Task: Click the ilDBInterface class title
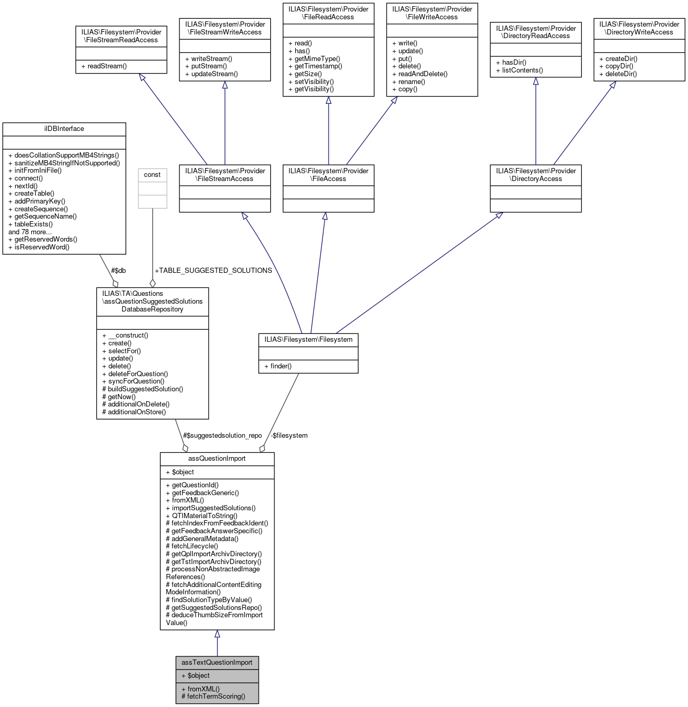click(x=64, y=129)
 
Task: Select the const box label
click(x=152, y=175)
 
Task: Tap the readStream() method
click(x=107, y=66)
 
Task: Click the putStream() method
click(x=209, y=66)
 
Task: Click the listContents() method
click(x=522, y=70)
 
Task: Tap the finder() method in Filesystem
click(x=281, y=366)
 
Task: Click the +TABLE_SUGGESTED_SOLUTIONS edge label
click(x=213, y=270)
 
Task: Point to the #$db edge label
click(x=118, y=270)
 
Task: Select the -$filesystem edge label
click(x=289, y=435)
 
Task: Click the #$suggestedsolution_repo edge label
click(x=222, y=435)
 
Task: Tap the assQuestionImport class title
click(x=216, y=459)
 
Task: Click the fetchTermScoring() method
click(x=215, y=697)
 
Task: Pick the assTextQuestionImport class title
click(x=216, y=663)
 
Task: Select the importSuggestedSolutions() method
click(x=213, y=508)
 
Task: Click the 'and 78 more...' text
click(x=30, y=232)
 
